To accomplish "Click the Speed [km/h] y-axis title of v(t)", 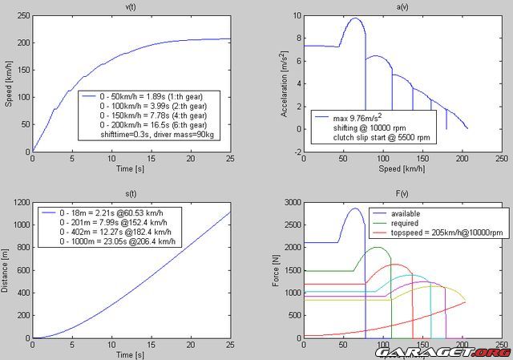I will tap(8, 85).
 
